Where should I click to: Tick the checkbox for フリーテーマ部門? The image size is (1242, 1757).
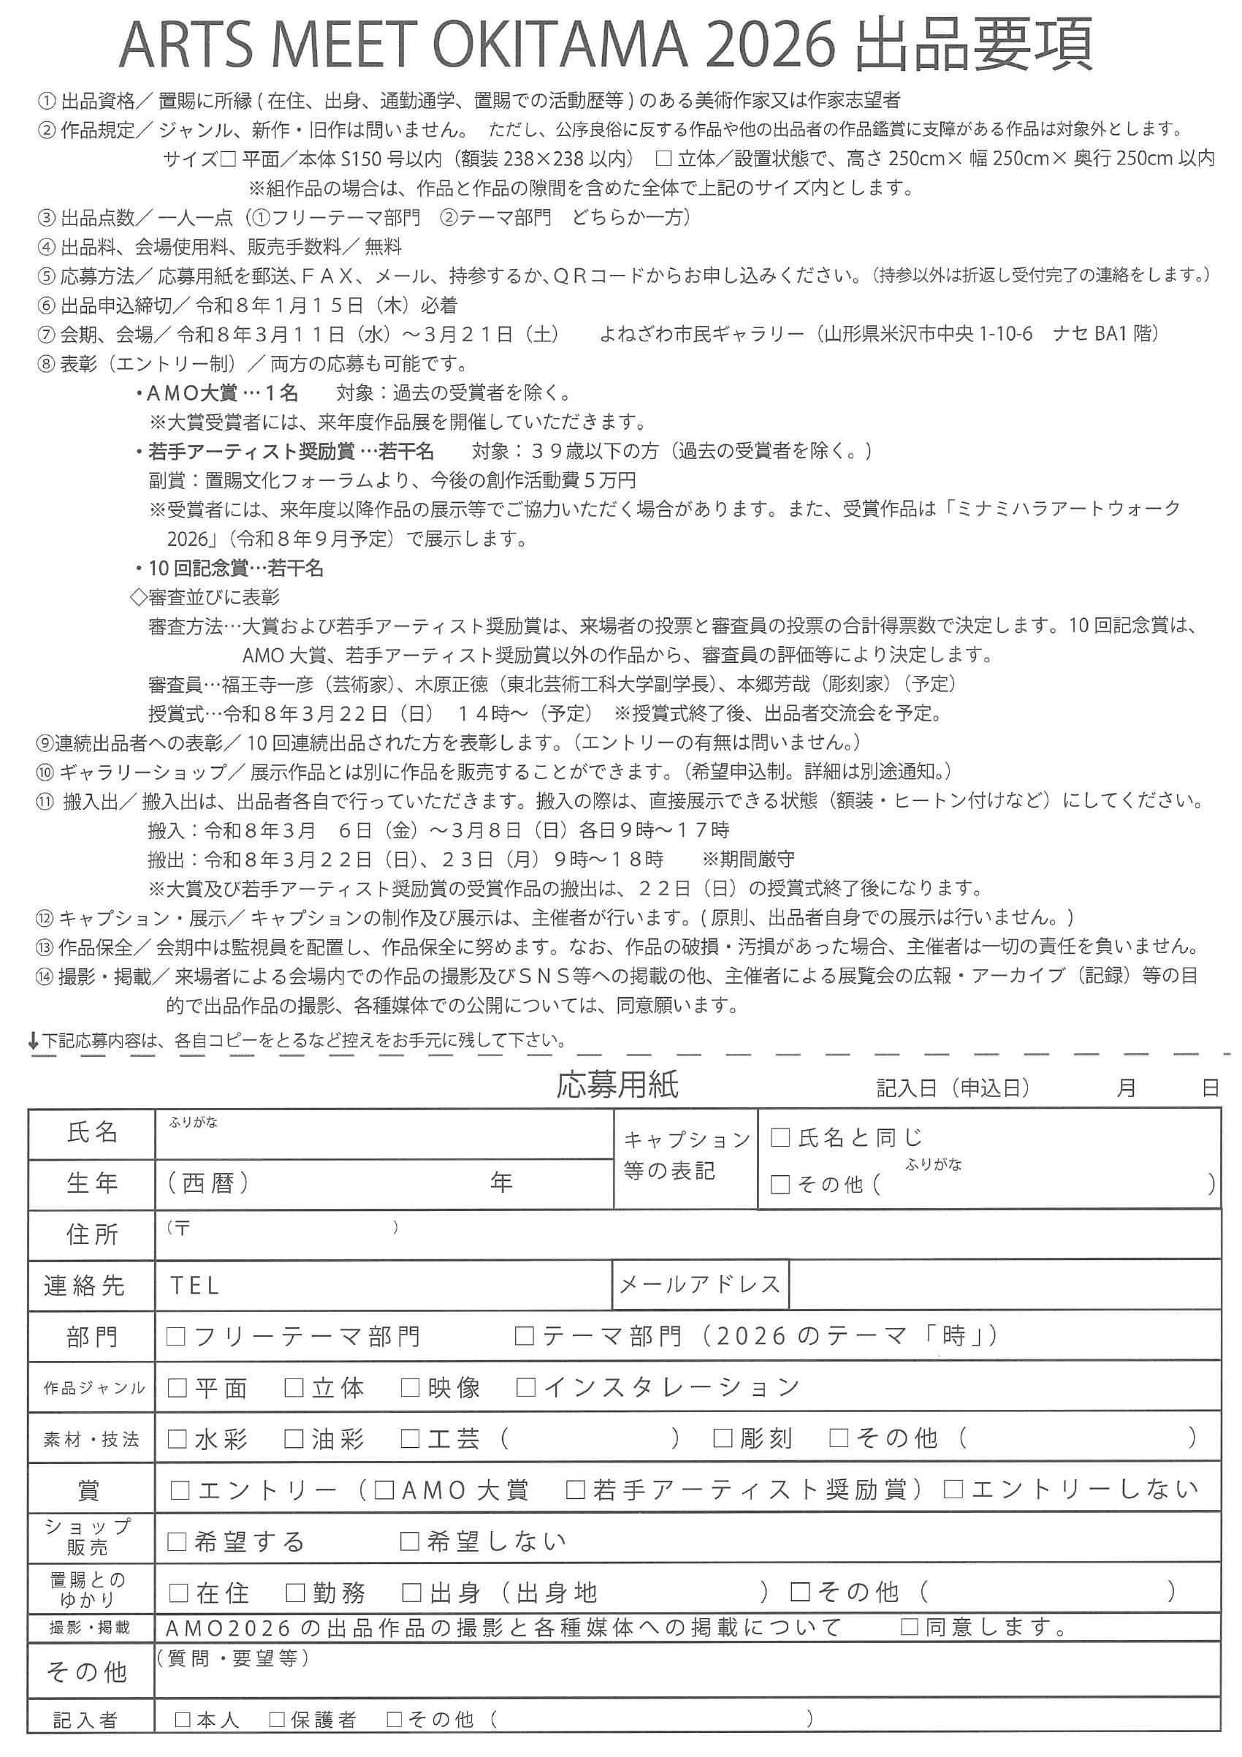[177, 1336]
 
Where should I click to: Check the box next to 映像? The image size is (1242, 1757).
[411, 1387]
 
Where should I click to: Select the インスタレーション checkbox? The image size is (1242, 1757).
[526, 1387]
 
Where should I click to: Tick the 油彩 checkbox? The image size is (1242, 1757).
[294, 1438]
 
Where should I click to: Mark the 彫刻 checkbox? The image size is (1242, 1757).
[723, 1438]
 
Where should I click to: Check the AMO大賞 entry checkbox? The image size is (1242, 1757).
[385, 1490]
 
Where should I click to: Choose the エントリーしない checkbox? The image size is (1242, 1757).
[953, 1490]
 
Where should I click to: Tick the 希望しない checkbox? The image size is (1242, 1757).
[411, 1541]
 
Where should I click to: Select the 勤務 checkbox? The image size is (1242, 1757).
[295, 1593]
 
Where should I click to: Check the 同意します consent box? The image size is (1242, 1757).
[910, 1627]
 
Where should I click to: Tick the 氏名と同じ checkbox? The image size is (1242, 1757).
[780, 1138]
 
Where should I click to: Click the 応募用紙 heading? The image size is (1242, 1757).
[617, 1085]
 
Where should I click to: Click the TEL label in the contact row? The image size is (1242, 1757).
[195, 1286]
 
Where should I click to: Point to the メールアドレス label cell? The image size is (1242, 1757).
[699, 1285]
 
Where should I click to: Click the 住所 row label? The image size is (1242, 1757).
[92, 1234]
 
